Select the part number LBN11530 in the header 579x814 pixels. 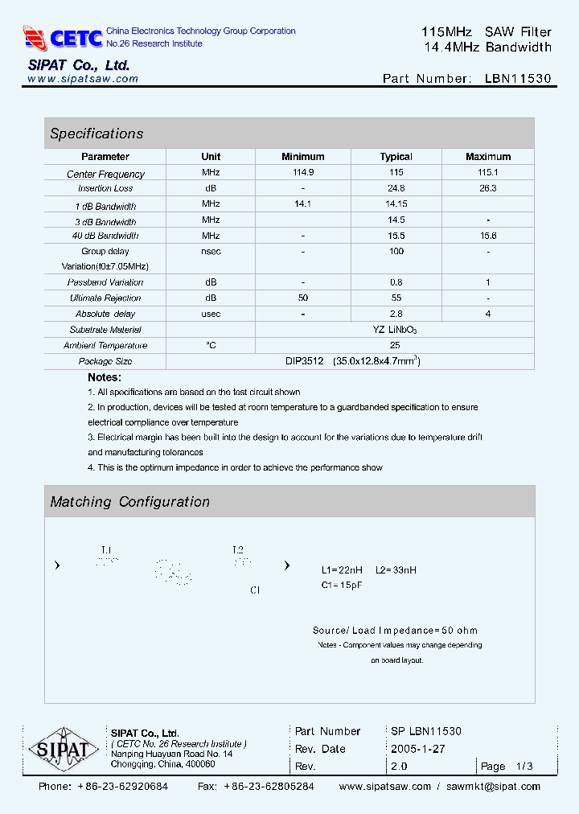[518, 79]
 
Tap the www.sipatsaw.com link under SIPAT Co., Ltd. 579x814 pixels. [83, 79]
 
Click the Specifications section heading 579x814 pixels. [96, 134]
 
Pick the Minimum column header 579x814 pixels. [303, 157]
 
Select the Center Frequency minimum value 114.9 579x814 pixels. [303, 173]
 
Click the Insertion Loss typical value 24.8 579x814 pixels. [396, 188]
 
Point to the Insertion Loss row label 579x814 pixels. [105, 188]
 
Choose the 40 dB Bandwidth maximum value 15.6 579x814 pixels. [488, 236]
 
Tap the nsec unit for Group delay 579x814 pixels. [211, 251]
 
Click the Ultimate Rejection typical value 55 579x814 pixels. [396, 298]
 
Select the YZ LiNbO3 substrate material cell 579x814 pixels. [395, 330]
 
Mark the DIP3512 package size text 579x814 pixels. [304, 361]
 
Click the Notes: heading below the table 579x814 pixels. [105, 377]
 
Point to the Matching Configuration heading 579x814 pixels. [129, 502]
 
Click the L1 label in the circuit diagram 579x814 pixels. [106, 550]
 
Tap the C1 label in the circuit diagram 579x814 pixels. [255, 590]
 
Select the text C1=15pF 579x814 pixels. [342, 585]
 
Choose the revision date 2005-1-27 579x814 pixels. [418, 749]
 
